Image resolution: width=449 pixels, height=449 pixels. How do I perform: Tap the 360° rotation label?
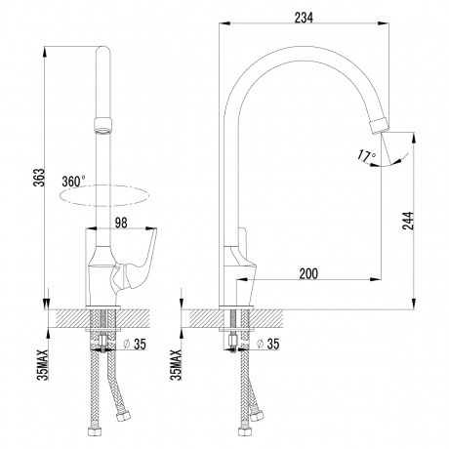74,182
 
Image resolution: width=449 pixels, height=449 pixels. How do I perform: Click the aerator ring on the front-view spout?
102,125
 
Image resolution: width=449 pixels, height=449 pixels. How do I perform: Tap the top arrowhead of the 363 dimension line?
47,45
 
